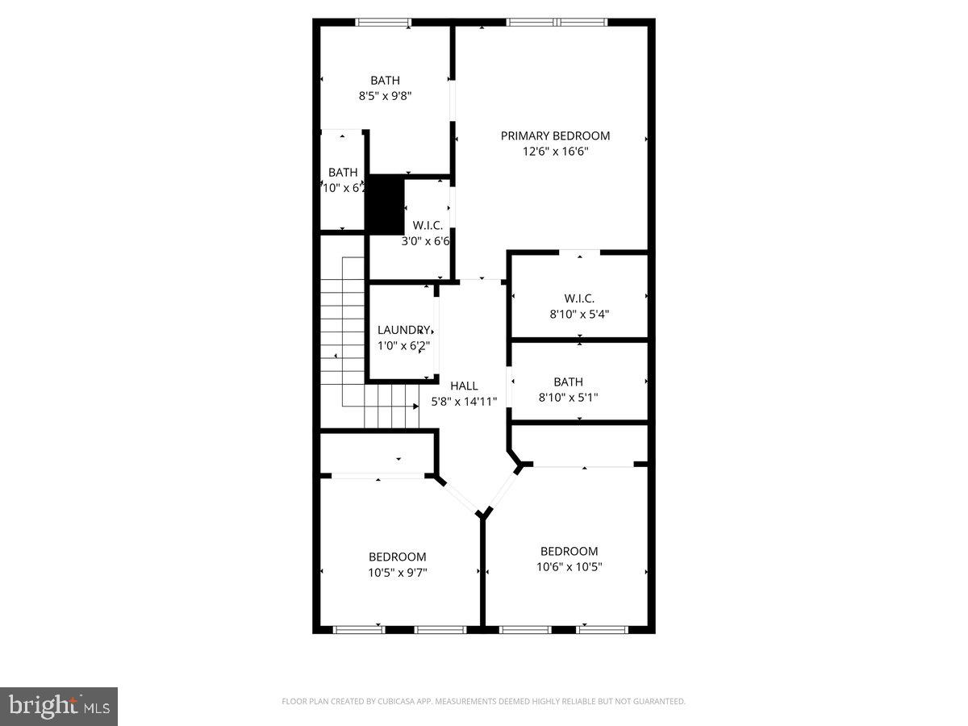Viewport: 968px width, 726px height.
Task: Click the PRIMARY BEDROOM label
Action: (x=555, y=136)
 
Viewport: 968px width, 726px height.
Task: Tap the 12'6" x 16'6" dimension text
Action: (x=555, y=151)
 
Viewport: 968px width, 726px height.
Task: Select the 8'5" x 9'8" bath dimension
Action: (x=385, y=95)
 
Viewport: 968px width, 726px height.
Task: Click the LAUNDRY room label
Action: (x=403, y=330)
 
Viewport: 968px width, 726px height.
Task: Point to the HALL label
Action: (x=464, y=386)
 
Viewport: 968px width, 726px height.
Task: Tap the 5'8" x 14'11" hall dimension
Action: (x=463, y=400)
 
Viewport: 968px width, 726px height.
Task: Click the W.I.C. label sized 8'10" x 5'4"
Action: (x=579, y=298)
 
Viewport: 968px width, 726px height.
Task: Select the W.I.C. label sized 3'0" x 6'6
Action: (x=427, y=225)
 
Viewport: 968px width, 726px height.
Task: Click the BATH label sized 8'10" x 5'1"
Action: (x=568, y=382)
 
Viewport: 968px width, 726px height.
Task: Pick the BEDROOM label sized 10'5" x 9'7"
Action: (x=397, y=557)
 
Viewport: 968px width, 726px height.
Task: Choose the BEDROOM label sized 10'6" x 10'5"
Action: (x=569, y=551)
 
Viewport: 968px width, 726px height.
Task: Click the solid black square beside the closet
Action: (x=385, y=205)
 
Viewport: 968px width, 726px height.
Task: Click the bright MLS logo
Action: (x=59, y=706)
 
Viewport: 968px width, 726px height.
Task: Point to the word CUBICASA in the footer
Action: (x=396, y=702)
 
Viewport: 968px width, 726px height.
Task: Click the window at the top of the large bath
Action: (x=384, y=23)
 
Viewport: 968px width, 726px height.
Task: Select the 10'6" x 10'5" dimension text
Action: (x=569, y=566)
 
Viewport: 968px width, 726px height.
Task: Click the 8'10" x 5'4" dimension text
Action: (x=579, y=314)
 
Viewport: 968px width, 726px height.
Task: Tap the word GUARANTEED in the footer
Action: (x=655, y=702)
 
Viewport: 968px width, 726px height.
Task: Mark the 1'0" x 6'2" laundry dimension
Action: (x=403, y=345)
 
